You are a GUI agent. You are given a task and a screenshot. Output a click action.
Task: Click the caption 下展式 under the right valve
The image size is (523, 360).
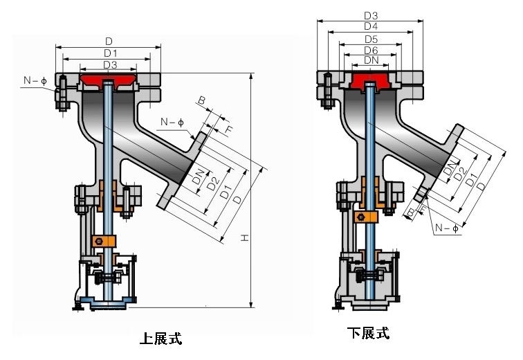(x=369, y=334)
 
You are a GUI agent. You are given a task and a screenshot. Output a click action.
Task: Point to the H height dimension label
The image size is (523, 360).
(x=244, y=237)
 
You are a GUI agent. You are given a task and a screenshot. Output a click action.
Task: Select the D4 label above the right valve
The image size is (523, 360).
(x=370, y=26)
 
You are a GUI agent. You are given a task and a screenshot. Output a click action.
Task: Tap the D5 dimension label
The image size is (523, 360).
(x=370, y=39)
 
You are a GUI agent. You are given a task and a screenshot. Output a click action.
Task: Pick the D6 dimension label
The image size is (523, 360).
(x=370, y=51)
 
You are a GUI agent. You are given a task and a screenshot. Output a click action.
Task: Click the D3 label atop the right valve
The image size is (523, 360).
(x=370, y=15)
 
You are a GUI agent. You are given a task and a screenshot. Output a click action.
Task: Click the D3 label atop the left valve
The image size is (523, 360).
(x=110, y=64)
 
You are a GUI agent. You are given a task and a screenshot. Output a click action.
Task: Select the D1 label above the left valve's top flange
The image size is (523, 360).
(x=110, y=53)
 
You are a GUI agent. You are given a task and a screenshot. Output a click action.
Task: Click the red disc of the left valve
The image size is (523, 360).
(x=108, y=82)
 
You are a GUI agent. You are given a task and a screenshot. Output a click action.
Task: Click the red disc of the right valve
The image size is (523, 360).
(x=370, y=81)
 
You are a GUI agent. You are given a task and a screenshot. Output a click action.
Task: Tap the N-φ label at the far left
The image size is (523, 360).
(x=34, y=81)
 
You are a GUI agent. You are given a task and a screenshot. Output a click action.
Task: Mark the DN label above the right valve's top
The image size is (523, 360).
(x=370, y=61)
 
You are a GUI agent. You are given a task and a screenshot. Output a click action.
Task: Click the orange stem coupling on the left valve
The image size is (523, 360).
(x=102, y=241)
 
